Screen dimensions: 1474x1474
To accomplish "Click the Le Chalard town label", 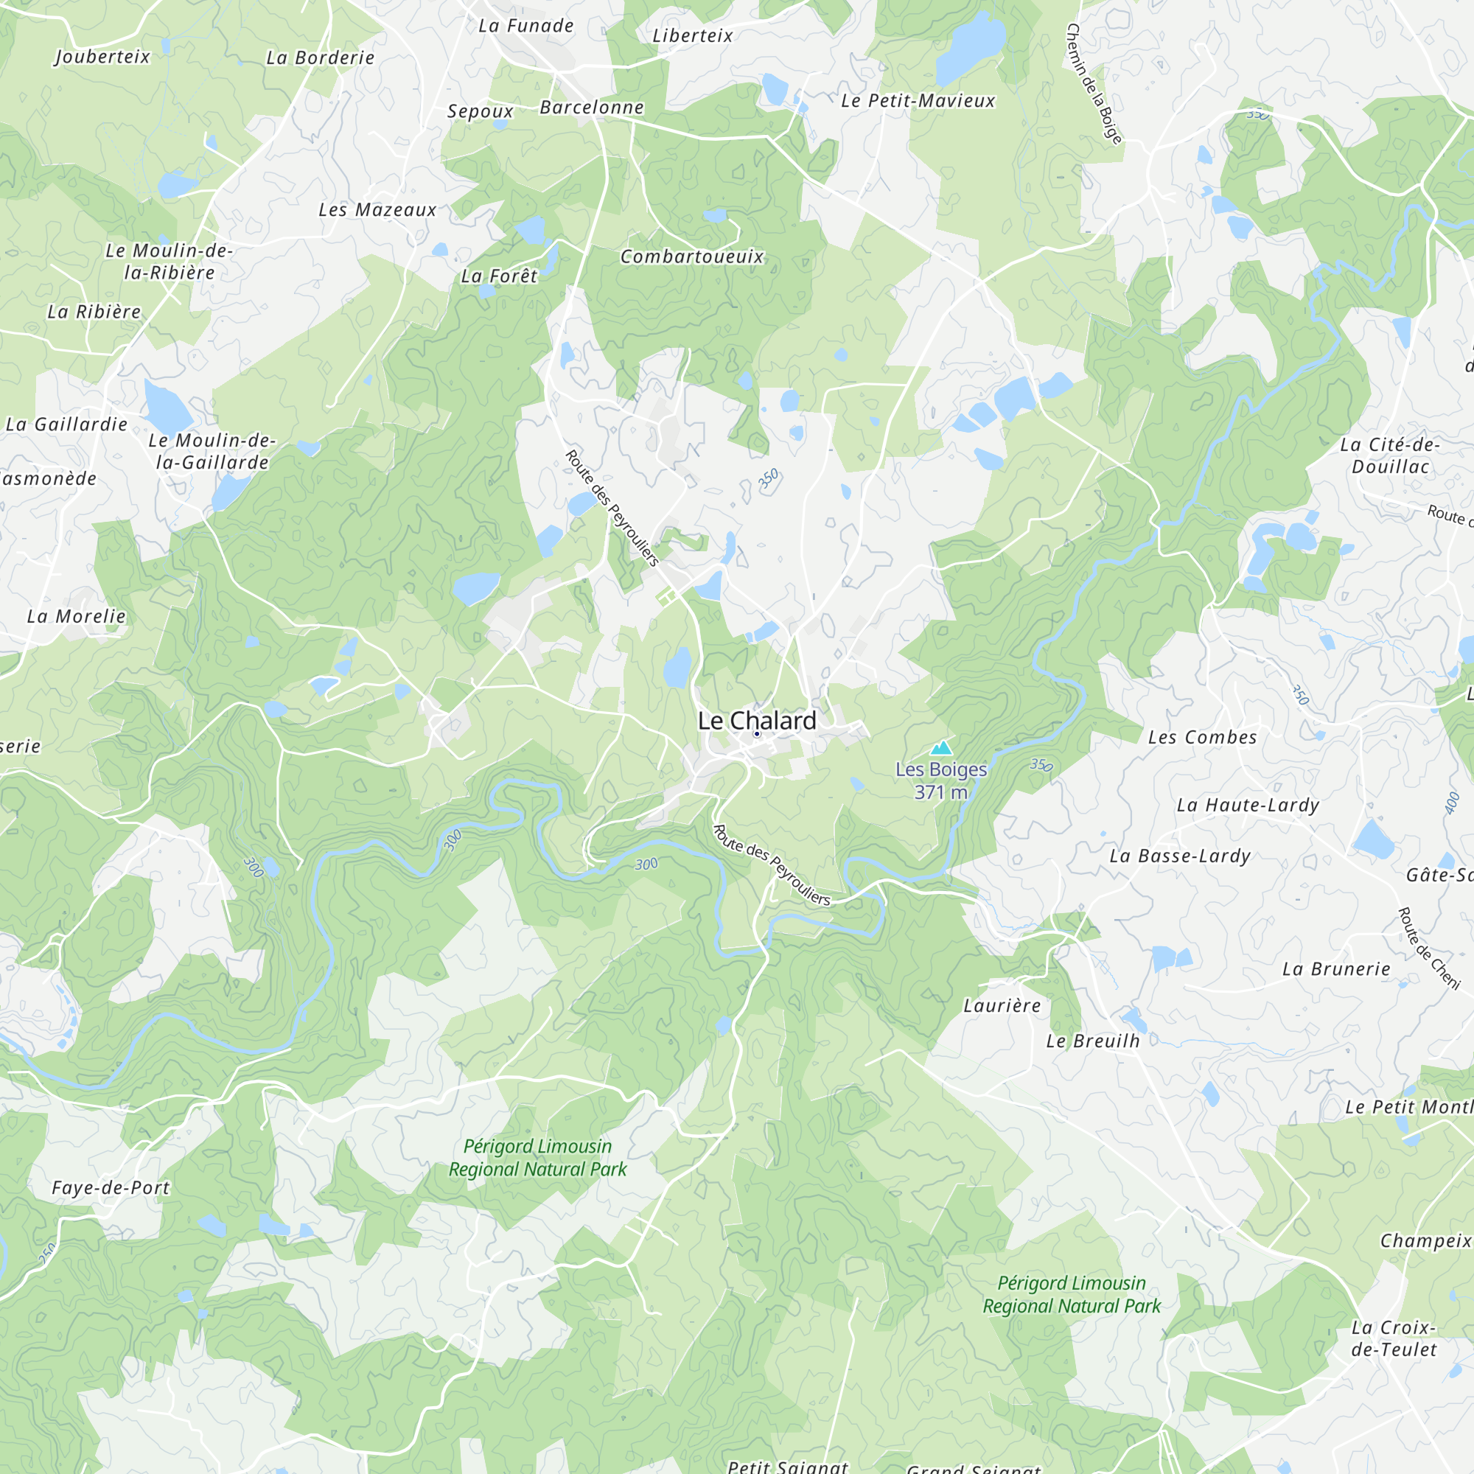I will [757, 720].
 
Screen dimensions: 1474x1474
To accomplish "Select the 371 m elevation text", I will [940, 793].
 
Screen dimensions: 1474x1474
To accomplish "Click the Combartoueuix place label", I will [691, 256].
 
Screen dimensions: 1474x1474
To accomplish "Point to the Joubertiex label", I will [102, 57].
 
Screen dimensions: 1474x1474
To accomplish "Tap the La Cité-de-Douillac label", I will [1390, 455].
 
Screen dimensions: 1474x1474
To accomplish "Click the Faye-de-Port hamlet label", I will [111, 1188].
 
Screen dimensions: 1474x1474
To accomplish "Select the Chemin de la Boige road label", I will [1094, 83].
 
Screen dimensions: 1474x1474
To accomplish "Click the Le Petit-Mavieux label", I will [918, 101].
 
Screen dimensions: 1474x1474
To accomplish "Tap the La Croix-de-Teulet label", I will [1394, 1338].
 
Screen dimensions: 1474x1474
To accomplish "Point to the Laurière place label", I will [1002, 1005].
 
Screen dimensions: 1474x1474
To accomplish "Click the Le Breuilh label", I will [1092, 1041].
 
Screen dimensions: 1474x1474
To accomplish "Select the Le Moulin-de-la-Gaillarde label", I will [212, 451].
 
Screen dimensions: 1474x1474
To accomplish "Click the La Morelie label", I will [77, 615].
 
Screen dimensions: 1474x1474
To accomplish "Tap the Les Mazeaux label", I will [377, 210].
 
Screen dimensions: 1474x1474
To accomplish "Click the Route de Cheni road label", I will [1428, 949].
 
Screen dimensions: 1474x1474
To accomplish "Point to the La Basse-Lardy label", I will [1179, 855].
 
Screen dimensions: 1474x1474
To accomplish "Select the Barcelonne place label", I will [591, 108].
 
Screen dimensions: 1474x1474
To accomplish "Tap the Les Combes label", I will [1202, 737].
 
